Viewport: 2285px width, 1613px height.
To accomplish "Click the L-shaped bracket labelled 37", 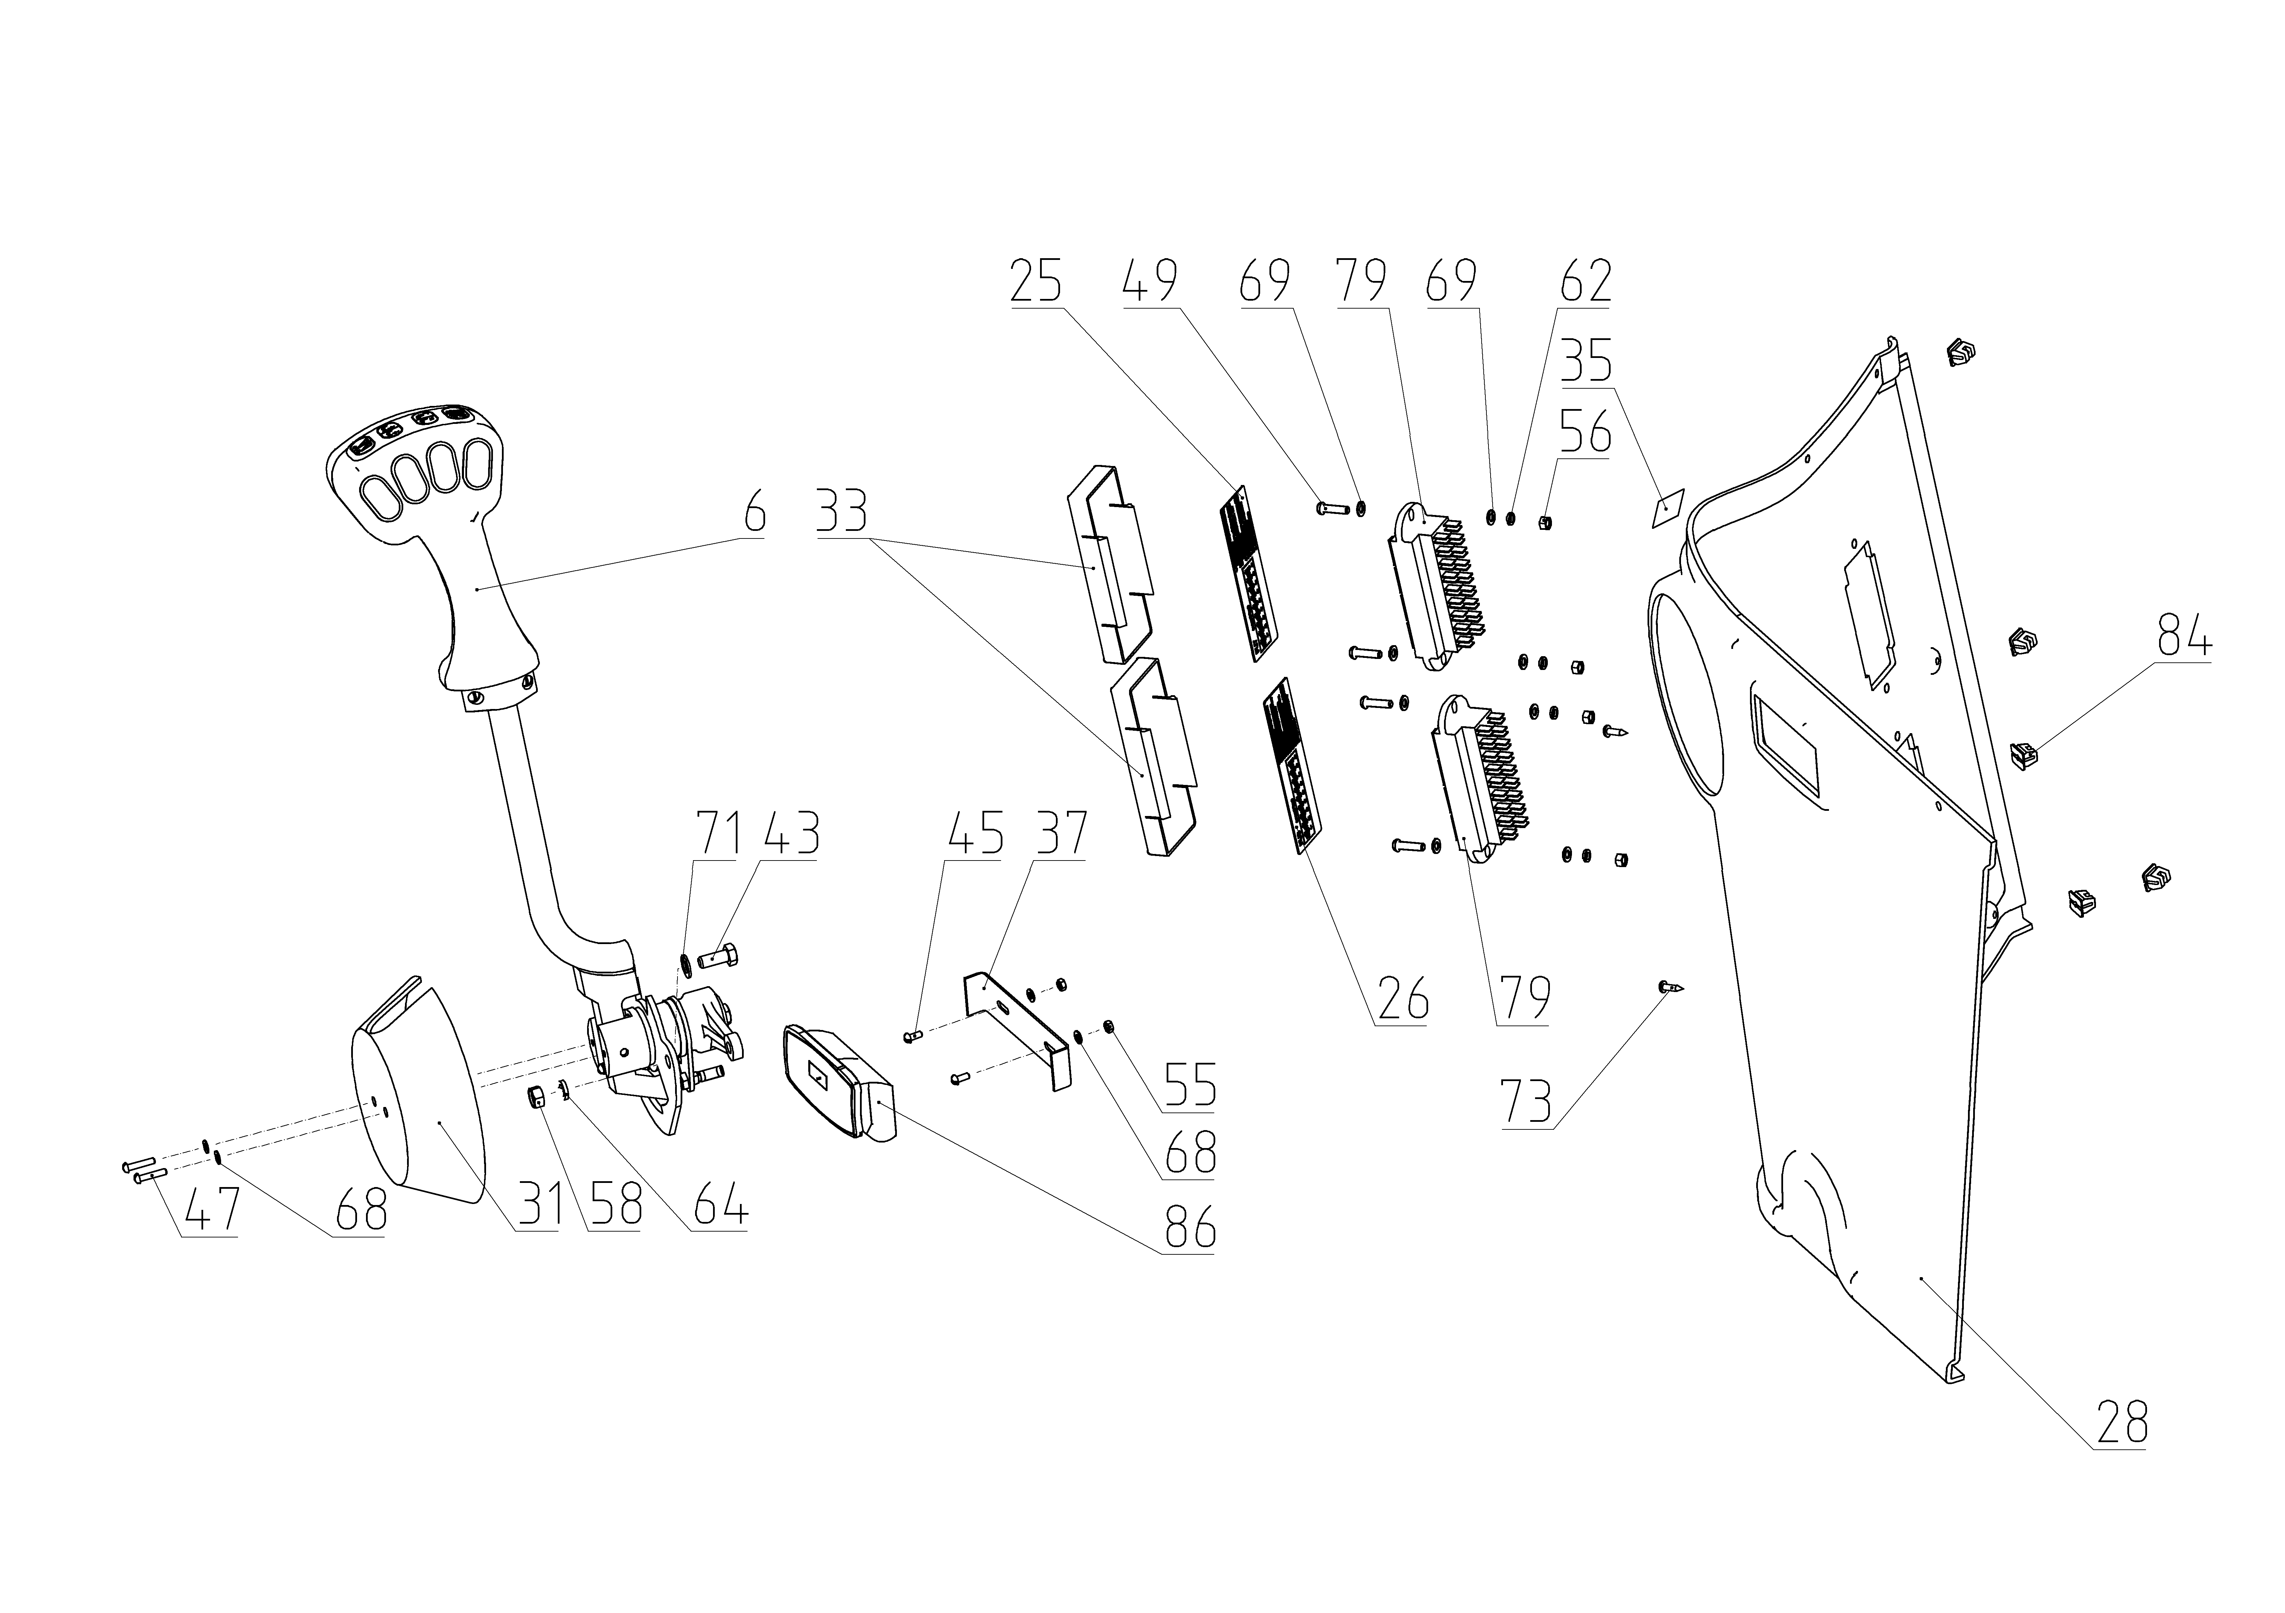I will pos(1015,1026).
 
